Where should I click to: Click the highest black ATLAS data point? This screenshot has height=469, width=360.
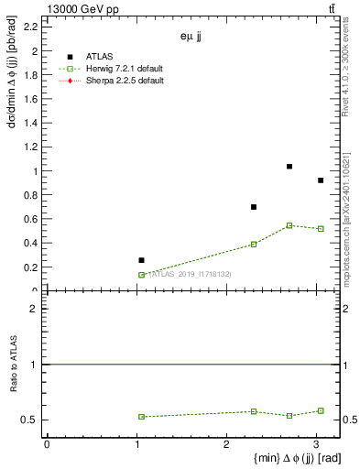[289, 167]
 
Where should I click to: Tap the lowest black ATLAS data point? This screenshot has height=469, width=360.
[141, 260]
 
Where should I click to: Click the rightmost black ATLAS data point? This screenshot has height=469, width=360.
[321, 180]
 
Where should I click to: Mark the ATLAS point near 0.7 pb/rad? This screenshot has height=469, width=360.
[254, 207]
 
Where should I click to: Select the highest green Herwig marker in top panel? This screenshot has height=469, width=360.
[289, 225]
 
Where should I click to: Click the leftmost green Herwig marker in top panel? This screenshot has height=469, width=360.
[141, 275]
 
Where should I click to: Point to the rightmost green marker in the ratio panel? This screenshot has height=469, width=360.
[321, 410]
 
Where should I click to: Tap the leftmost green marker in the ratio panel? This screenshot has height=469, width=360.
[141, 417]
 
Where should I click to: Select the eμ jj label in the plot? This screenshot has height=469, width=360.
[191, 38]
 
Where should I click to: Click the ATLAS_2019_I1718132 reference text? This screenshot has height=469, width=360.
[190, 275]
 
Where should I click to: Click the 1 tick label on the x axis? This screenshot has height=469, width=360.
[136, 444]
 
